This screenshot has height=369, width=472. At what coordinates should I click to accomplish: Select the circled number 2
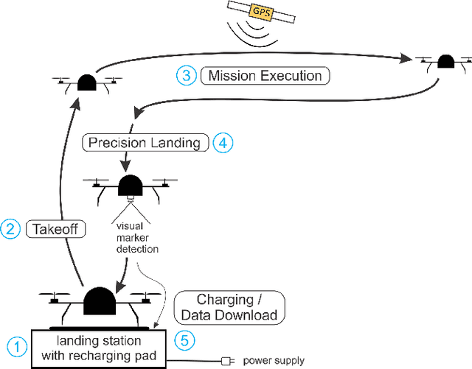pos(11,229)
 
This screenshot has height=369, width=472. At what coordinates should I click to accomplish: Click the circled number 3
pos(185,75)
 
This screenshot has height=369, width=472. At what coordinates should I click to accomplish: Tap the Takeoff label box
pos(56,229)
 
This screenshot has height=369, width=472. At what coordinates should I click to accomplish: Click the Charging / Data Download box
pos(229,307)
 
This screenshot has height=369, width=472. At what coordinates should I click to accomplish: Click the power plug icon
pos(227,361)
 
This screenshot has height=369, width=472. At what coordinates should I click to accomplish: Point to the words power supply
pos(273,361)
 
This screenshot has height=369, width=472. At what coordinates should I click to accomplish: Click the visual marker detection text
pos(137,238)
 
